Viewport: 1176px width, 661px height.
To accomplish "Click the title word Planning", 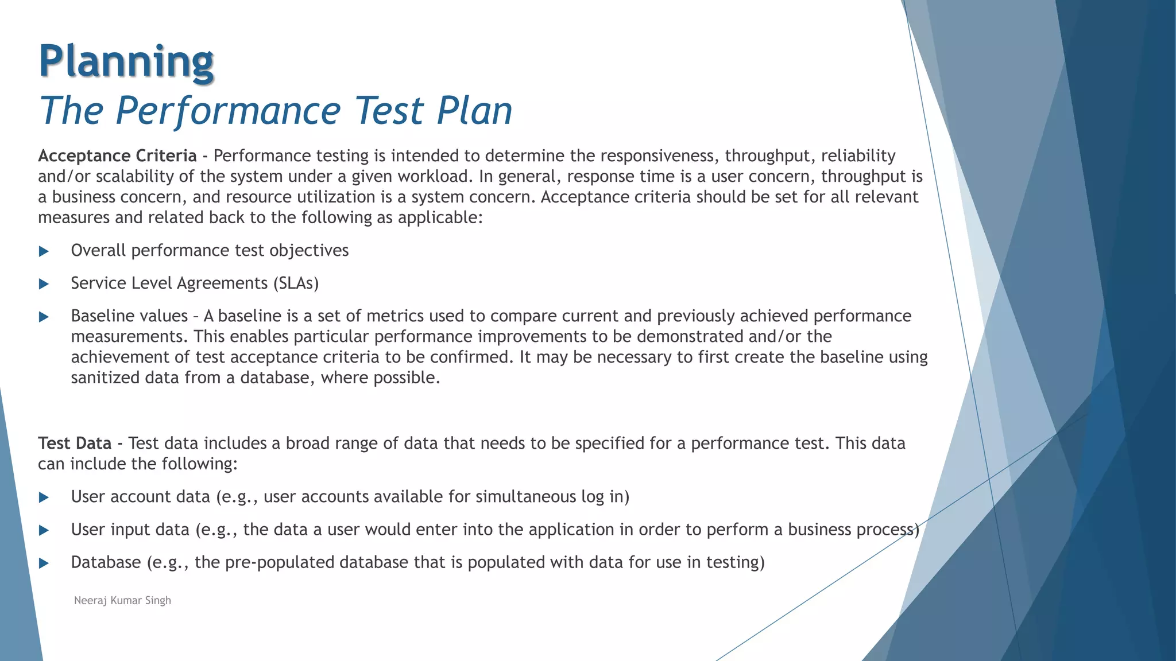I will tap(126, 61).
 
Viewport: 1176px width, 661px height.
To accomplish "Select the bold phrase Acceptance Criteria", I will tap(117, 156).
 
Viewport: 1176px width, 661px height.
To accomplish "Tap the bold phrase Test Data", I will tap(75, 444).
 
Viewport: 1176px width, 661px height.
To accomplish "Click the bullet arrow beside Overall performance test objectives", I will tap(44, 251).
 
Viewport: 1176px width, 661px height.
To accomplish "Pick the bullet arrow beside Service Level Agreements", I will tap(44, 284).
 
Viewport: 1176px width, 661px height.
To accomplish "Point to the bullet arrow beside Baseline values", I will tap(44, 317).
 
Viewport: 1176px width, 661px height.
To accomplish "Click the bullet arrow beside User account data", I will tap(44, 497).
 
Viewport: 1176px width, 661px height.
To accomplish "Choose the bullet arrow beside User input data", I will tap(44, 530).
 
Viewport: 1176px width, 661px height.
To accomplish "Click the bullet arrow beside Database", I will tap(44, 563).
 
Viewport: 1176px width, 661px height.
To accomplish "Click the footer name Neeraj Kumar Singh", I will tap(122, 600).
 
